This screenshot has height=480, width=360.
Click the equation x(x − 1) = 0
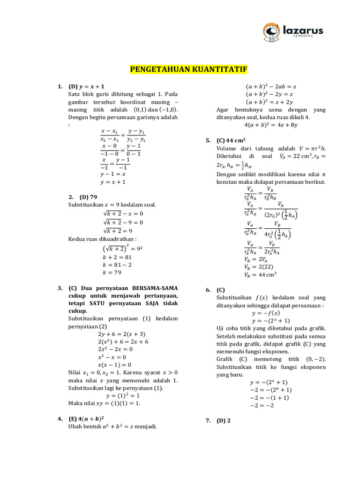(x=114, y=365)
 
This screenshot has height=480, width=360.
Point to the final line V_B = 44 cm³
(x=261, y=275)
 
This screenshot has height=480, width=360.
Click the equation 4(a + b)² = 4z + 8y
(x=270, y=125)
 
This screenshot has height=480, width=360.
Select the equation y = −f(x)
(x=266, y=313)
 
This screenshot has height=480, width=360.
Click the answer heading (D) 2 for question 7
(x=224, y=421)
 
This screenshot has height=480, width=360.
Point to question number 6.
(x=208, y=290)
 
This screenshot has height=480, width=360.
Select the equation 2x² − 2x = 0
(x=115, y=349)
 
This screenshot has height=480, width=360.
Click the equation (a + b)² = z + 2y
(x=270, y=102)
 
